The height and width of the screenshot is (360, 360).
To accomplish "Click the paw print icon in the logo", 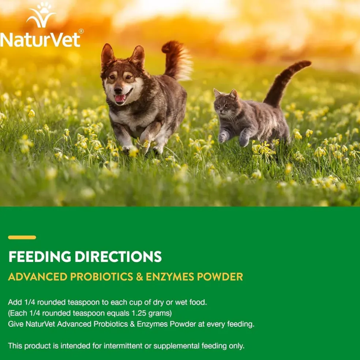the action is point(44,8).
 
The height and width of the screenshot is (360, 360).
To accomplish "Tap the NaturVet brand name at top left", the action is point(40,40).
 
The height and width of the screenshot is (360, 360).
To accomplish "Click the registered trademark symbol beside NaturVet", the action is point(81,31).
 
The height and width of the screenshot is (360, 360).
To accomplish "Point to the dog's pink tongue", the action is point(120,98).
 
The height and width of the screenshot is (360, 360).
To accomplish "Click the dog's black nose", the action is point(118,90).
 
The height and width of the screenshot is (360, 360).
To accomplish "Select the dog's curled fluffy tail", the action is point(176,60).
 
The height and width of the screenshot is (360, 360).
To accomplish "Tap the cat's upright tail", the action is point(286,83).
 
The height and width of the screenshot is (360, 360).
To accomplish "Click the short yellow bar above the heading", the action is point(22,237).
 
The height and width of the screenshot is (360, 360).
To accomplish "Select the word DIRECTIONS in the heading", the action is point(119,256).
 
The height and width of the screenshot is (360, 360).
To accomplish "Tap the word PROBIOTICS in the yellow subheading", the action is point(101,277).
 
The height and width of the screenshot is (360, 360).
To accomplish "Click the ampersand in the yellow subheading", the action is point(139,277).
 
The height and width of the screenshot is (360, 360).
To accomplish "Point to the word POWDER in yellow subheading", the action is point(220,277).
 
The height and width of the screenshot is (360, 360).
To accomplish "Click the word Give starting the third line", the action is point(16,324).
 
